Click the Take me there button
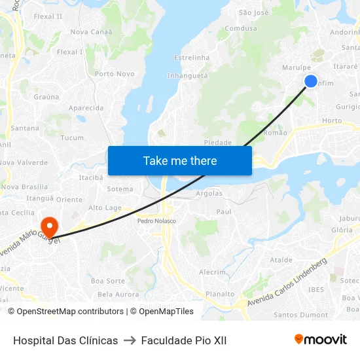[180, 160]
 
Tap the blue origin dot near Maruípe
[310, 81]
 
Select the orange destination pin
[49, 226]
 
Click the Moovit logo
[320, 339]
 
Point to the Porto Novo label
[115, 74]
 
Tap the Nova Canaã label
[91, 31]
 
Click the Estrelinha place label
[192, 58]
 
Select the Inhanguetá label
[187, 76]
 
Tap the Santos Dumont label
[300, 315]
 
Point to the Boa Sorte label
[108, 281]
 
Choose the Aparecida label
[86, 108]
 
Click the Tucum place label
[72, 137]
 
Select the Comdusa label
[241, 29]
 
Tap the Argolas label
[209, 194]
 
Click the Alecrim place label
[212, 272]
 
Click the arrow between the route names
[130, 340]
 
